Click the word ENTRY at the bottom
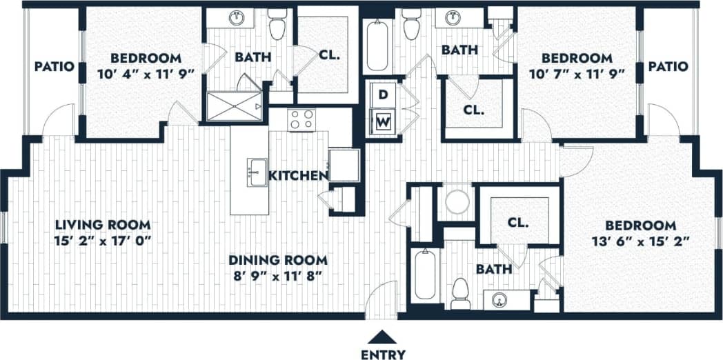[383, 354]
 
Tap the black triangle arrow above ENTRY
[383, 337]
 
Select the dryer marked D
[383, 94]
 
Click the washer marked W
[383, 123]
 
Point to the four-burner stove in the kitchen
[301, 119]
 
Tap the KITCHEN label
[297, 176]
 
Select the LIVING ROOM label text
[103, 225]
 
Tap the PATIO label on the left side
[54, 67]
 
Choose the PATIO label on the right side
[667, 67]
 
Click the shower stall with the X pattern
[236, 106]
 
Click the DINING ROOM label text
[277, 260]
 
